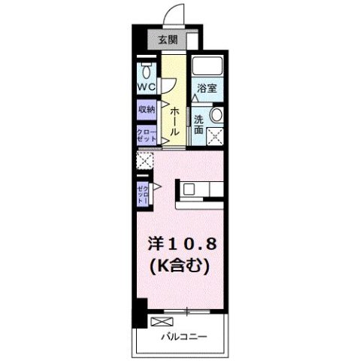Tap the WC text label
click(146, 87)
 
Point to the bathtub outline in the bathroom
click(205, 65)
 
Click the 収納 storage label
click(146, 110)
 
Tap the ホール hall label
click(174, 120)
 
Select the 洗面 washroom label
click(199, 125)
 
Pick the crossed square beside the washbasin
click(217, 137)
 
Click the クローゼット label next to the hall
click(145, 135)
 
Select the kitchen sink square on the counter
click(188, 189)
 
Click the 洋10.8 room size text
click(181, 245)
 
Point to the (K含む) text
click(181, 265)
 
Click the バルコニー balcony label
click(184, 336)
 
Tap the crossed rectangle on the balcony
click(160, 321)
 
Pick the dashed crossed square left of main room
click(144, 160)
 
